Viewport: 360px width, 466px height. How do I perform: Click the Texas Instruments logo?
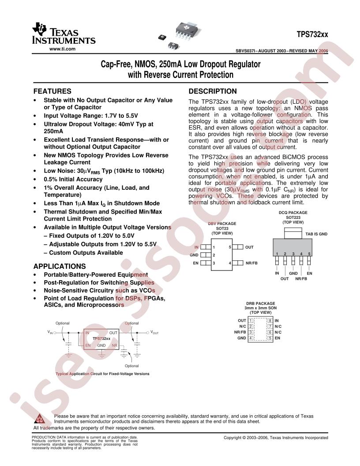tap(64, 33)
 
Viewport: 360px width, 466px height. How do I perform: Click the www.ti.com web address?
tap(62, 49)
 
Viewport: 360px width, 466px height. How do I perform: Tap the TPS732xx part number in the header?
tap(312, 34)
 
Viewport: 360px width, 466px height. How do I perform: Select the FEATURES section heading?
tap(52, 91)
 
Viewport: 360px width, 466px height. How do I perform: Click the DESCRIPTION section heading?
tap(213, 91)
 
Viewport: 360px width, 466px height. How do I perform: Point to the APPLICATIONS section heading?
tap(60, 266)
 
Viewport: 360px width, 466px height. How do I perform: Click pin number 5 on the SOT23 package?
tap(230, 247)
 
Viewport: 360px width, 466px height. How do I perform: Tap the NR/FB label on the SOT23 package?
tap(251, 263)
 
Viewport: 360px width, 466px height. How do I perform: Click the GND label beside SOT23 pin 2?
tap(194, 255)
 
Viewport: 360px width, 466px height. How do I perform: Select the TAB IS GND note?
tap(316, 234)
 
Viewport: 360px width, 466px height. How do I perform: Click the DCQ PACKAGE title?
tap(293, 213)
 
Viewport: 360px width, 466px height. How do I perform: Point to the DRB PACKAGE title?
tap(260, 304)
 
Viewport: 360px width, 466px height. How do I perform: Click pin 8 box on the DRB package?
tap(270, 321)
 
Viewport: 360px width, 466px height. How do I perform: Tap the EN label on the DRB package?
tap(277, 338)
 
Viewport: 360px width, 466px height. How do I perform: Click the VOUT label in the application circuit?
tap(154, 332)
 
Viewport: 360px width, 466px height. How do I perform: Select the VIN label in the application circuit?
tap(50, 332)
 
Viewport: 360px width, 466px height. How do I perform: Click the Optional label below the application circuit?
tap(131, 366)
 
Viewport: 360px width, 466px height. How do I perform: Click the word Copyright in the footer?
tap(232, 437)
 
